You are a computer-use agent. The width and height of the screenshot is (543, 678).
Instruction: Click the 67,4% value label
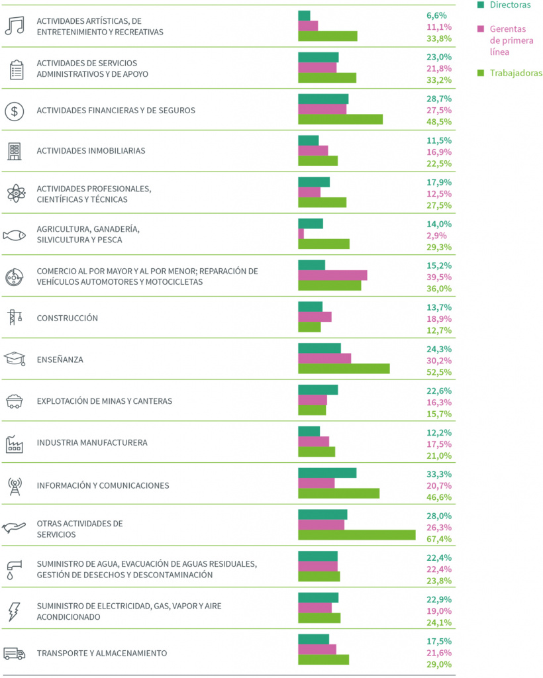tap(439, 539)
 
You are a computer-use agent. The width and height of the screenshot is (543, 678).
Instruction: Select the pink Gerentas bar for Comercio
tap(332, 275)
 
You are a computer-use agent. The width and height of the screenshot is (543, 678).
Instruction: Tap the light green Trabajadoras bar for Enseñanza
tap(344, 368)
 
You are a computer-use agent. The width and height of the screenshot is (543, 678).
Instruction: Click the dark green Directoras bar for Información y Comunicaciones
tap(327, 473)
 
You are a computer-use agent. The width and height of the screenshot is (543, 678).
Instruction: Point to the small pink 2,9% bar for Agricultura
tap(301, 234)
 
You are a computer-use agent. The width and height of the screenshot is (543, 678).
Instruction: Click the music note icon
tap(15, 26)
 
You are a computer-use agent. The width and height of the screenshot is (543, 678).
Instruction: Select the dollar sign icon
tap(15, 111)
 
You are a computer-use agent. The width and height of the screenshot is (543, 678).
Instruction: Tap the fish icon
tap(15, 235)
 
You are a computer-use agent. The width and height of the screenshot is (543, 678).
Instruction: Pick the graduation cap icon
tap(15, 358)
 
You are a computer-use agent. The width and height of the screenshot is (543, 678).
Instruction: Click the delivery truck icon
tap(15, 654)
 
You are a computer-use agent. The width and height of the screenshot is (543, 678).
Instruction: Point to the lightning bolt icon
tap(15, 611)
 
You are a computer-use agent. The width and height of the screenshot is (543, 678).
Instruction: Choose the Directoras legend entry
tap(504, 5)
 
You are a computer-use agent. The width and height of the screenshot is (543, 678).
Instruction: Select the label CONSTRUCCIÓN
tap(68, 318)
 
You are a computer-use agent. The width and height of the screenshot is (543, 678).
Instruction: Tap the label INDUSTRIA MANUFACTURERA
tap(92, 443)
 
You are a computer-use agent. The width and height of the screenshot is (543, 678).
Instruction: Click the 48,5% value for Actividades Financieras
tap(439, 122)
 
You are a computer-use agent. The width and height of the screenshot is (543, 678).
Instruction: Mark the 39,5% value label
tap(439, 277)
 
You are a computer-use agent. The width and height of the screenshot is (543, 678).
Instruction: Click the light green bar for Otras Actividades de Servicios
tap(357, 535)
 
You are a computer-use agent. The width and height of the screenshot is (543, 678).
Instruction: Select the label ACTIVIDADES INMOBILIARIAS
tap(91, 151)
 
